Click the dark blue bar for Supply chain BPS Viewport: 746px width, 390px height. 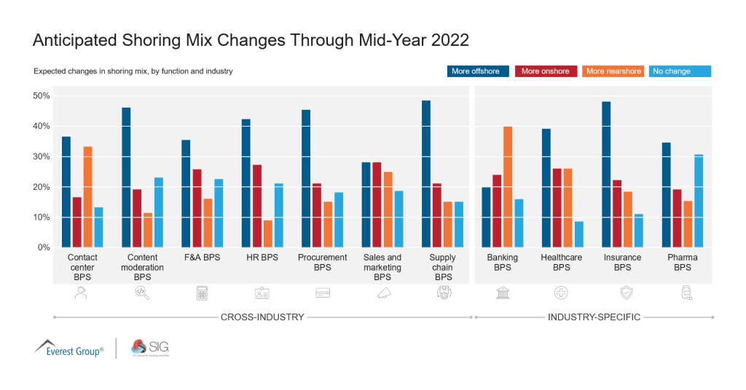pyautogui.click(x=426, y=174)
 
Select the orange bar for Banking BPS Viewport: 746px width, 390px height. pyautogui.click(x=508, y=187)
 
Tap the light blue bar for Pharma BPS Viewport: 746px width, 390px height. pyautogui.click(x=699, y=201)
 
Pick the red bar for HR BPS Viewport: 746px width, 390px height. pyautogui.click(x=257, y=206)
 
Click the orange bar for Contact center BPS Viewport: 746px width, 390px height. pyautogui.click(x=87, y=196)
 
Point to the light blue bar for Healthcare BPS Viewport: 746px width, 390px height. pyautogui.click(x=578, y=234)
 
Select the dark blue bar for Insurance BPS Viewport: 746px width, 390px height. pyautogui.click(x=606, y=175)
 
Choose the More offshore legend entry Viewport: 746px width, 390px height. pyautogui.click(x=477, y=71)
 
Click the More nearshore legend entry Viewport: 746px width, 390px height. pyautogui.click(x=613, y=71)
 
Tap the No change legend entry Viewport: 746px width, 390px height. pyautogui.click(x=679, y=71)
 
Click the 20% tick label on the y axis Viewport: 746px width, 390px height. pyautogui.click(x=41, y=187)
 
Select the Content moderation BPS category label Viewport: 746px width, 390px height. pyautogui.click(x=142, y=267)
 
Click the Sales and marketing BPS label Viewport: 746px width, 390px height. pyautogui.click(x=382, y=267)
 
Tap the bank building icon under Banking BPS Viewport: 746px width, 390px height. pyautogui.click(x=503, y=292)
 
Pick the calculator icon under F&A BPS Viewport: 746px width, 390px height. pyautogui.click(x=202, y=292)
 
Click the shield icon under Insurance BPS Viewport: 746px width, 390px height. pyautogui.click(x=625, y=292)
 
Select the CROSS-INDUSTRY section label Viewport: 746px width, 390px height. pyautogui.click(x=262, y=317)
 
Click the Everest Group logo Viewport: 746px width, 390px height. pyautogui.click(x=69, y=348)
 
